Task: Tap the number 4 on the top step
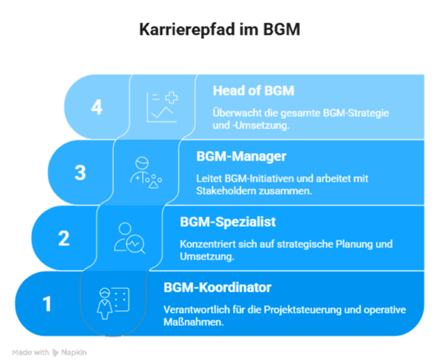point(96,107)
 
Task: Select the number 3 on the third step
point(80,172)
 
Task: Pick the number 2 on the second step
point(64,238)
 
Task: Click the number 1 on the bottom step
point(47,303)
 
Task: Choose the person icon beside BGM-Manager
point(145,172)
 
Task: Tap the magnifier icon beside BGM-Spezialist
point(129,238)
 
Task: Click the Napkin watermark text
point(73,352)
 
